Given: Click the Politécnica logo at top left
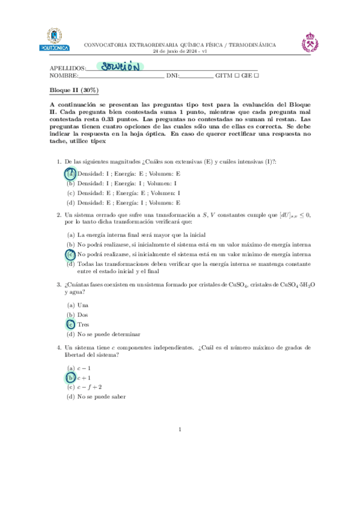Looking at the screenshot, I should pyautogui.click(x=54, y=39).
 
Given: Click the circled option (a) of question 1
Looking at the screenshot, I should pyautogui.click(x=70, y=173).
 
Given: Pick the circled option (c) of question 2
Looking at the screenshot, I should pyautogui.click(x=70, y=254).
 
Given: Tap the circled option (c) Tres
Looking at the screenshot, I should pyautogui.click(x=70, y=324).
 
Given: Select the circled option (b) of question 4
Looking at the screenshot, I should pyautogui.click(x=70, y=377).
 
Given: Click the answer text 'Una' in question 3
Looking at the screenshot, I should pyautogui.click(x=83, y=305).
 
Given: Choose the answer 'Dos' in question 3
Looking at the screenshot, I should pyautogui.click(x=83, y=315).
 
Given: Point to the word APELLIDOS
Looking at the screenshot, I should pyautogui.click(x=67, y=68).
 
